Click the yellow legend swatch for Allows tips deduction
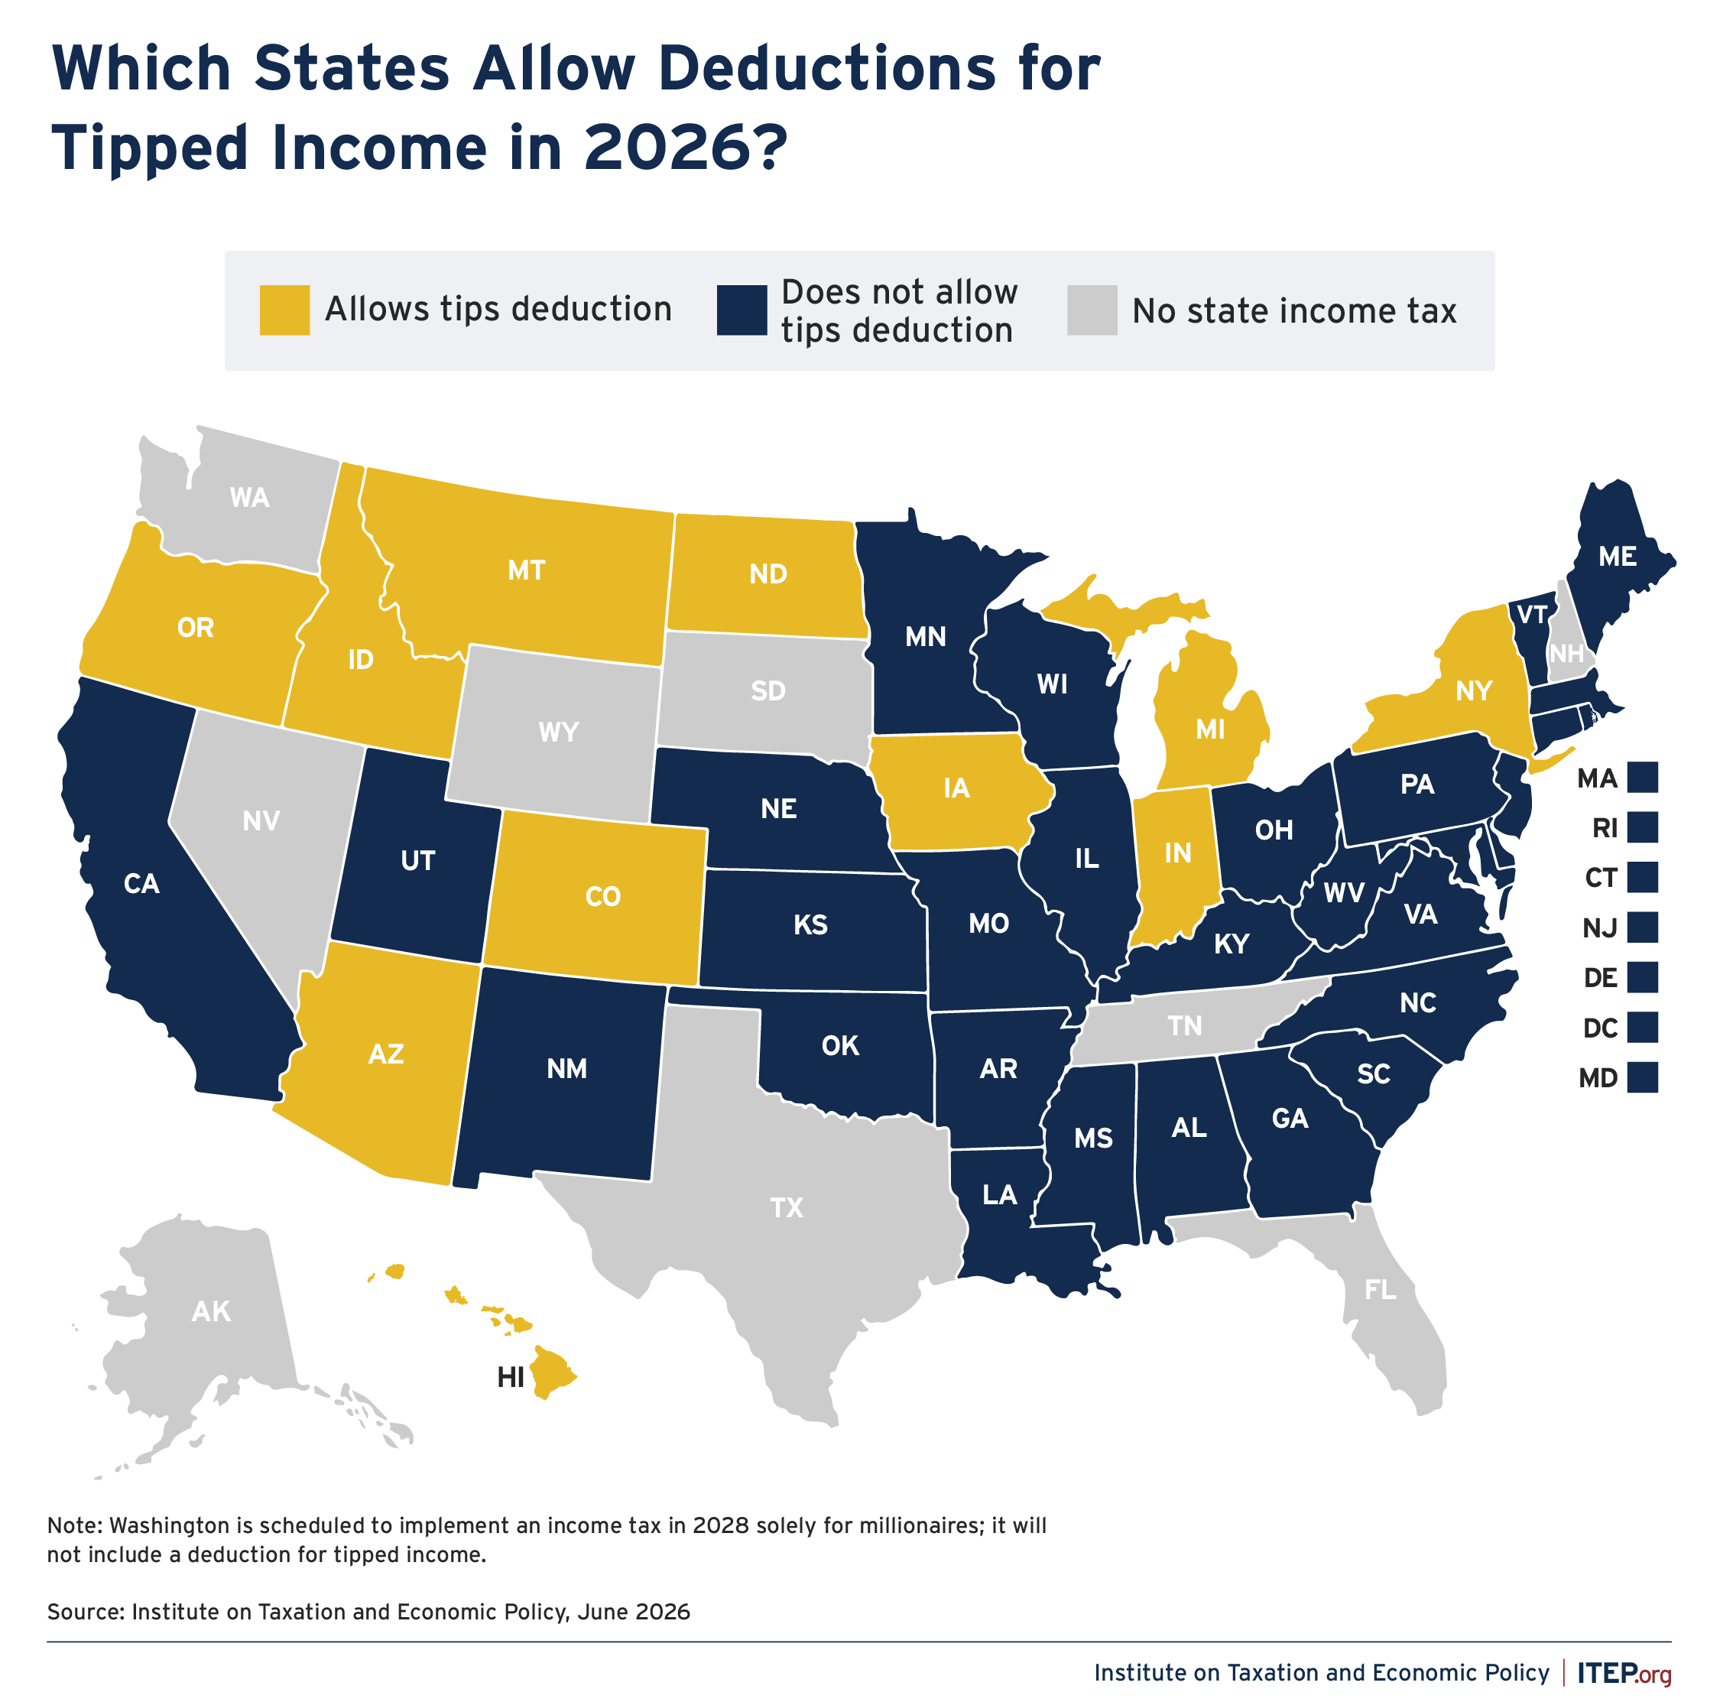point(285,310)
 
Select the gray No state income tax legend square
point(1092,310)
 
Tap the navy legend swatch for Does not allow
point(742,310)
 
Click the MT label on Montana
point(526,570)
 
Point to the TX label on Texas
point(786,1208)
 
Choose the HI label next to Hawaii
point(510,1378)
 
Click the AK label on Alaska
point(211,1311)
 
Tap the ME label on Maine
point(1617,557)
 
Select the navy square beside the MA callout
point(1643,778)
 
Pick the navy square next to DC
point(1643,1027)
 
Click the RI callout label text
point(1605,828)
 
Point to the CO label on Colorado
point(602,896)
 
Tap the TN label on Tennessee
point(1185,1026)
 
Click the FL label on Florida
point(1381,1289)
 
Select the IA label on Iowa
point(956,788)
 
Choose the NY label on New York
point(1473,690)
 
